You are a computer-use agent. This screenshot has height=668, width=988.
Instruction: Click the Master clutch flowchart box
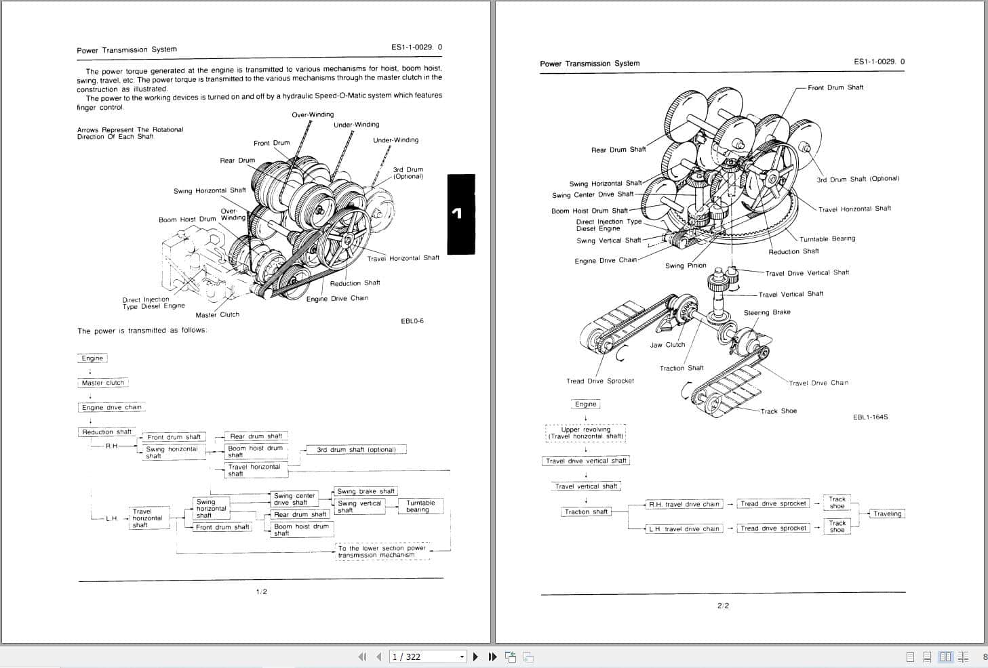click(x=103, y=383)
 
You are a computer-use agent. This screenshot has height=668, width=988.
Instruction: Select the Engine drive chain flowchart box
click(x=112, y=407)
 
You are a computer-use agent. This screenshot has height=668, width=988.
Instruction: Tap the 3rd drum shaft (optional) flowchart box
click(x=356, y=449)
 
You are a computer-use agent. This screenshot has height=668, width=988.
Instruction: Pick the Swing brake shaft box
click(x=365, y=491)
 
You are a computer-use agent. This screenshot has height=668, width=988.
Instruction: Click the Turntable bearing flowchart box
click(x=420, y=506)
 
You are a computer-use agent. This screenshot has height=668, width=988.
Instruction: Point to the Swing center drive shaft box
click(x=294, y=499)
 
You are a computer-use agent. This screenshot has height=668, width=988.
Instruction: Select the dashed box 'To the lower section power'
click(x=382, y=551)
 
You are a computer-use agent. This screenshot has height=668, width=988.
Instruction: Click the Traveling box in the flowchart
click(x=887, y=514)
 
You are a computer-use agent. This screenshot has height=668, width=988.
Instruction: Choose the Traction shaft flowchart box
click(x=586, y=512)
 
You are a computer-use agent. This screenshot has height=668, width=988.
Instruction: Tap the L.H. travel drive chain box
click(x=684, y=528)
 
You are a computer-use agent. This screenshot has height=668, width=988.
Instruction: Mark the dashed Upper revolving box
click(x=585, y=433)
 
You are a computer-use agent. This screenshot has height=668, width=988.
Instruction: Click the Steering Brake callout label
click(x=767, y=312)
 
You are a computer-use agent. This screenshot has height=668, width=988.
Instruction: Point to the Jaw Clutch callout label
click(x=667, y=345)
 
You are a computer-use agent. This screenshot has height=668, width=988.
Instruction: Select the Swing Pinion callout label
click(x=686, y=266)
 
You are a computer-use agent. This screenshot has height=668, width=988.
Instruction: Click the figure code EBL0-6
click(x=412, y=321)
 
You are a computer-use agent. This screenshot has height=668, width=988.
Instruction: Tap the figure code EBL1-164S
click(x=870, y=417)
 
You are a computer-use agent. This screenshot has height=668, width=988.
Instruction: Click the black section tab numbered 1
click(x=461, y=214)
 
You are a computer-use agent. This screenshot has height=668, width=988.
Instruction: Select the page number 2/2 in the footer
click(x=723, y=606)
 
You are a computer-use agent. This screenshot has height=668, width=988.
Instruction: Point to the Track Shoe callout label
click(x=778, y=411)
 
